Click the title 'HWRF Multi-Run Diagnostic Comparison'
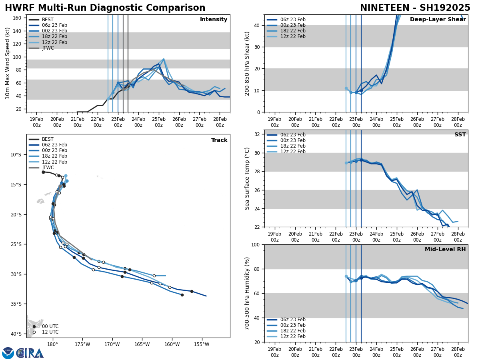105,8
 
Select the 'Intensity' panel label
214,20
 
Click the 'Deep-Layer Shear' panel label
438,20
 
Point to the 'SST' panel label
460,135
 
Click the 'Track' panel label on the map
219,140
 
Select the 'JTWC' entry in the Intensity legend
48,48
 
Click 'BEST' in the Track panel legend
48,139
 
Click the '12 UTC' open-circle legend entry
50,332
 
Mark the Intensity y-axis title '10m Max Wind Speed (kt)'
7,63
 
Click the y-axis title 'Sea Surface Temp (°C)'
247,178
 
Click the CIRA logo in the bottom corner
23,353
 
